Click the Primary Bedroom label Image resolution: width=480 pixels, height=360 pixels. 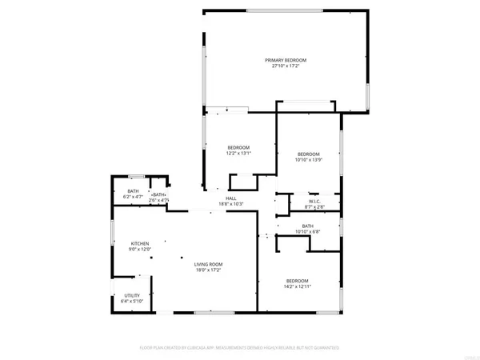(286, 60)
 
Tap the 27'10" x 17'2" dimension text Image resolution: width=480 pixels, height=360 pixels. (286, 66)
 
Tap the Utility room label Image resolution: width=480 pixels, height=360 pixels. (132, 295)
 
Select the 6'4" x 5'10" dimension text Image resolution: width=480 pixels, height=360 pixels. (132, 302)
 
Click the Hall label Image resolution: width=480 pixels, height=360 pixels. (230, 198)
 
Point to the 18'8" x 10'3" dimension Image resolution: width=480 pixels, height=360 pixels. (230, 205)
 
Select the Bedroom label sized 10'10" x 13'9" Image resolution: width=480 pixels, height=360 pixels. (309, 154)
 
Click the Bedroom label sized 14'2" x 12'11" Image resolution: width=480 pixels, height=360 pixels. (298, 281)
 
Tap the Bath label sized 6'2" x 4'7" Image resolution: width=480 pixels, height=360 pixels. (133, 190)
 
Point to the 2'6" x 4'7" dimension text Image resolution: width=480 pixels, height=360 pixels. (158, 200)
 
